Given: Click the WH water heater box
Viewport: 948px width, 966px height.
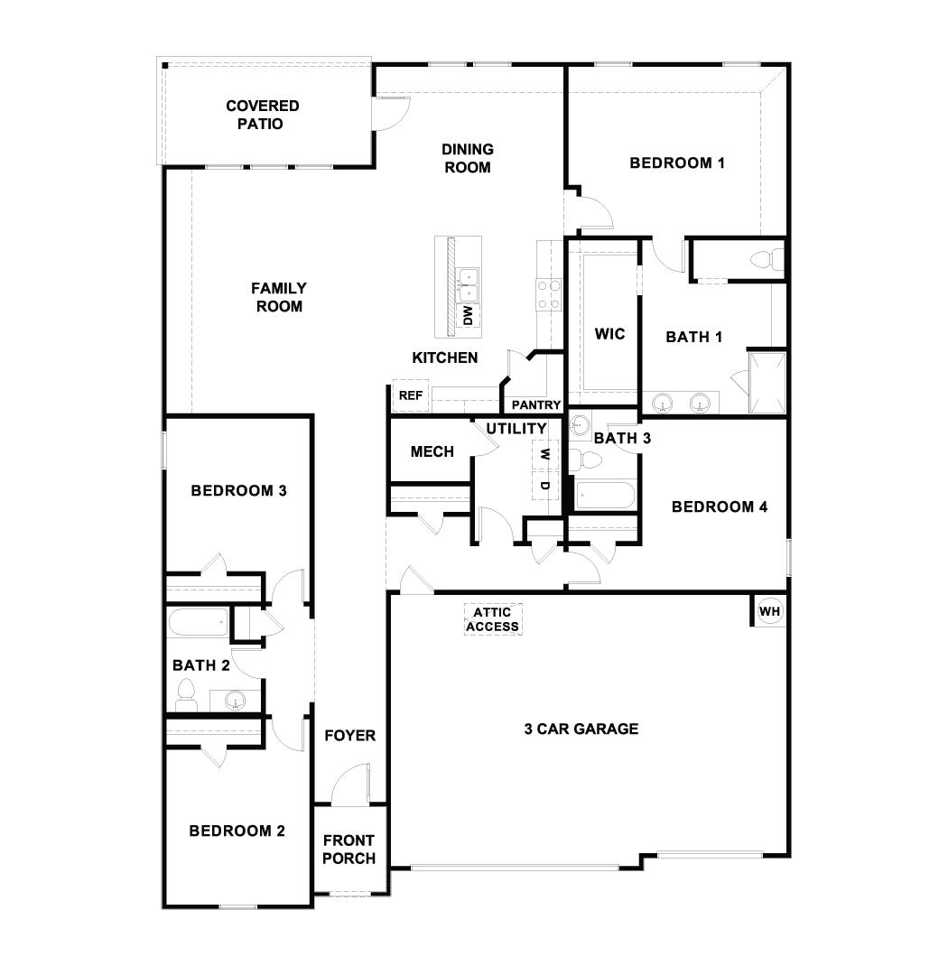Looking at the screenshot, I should click(769, 611).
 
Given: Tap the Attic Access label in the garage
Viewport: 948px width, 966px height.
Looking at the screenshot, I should click(493, 619).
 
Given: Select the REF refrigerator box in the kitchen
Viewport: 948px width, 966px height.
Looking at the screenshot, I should click(411, 395).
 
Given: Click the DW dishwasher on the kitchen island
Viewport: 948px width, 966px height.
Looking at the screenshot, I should click(468, 315).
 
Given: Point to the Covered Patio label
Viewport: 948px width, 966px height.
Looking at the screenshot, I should click(262, 115).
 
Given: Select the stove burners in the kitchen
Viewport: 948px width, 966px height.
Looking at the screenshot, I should click(549, 293).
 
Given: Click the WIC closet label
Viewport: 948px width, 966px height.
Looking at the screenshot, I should click(609, 334).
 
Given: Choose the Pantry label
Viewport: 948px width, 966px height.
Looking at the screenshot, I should click(536, 405).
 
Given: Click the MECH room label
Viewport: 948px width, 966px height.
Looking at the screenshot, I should click(432, 451).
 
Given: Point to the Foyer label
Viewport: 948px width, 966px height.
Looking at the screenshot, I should click(349, 736).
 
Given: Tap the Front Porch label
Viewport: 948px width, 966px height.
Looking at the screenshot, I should click(349, 850).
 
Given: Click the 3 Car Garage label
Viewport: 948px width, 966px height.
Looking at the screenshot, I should click(581, 729).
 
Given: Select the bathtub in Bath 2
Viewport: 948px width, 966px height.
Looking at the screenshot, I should click(200, 622).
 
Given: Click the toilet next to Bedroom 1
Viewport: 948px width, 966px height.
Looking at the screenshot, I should click(763, 260).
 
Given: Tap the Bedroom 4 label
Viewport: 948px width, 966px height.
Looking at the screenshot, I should click(720, 506).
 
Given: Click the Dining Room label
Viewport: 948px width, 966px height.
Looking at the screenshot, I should click(468, 158).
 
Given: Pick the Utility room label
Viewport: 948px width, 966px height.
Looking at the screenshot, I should click(516, 429).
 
